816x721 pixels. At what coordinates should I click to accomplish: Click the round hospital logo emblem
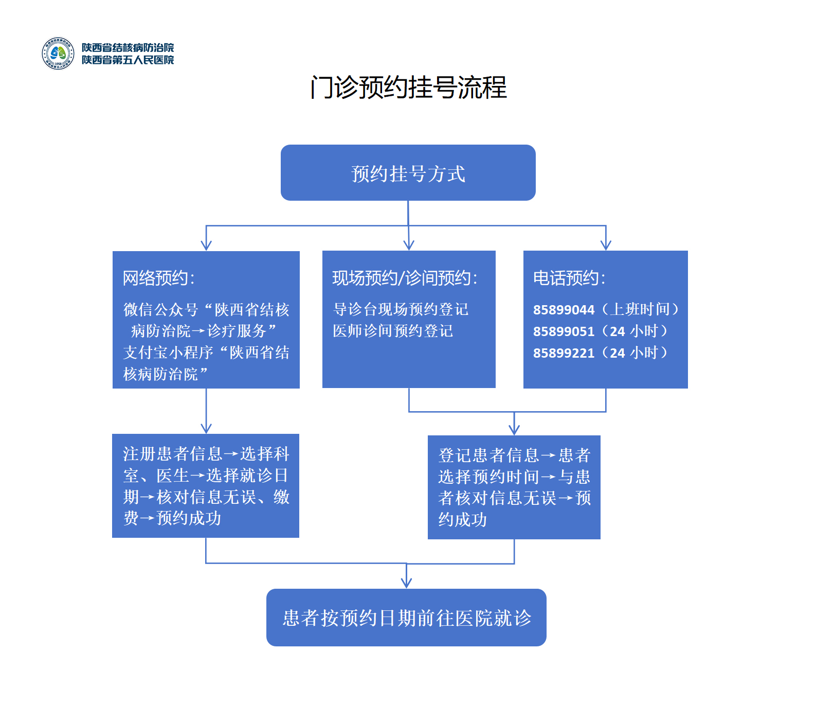click(58, 54)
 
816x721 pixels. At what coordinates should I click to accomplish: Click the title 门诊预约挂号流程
click(408, 87)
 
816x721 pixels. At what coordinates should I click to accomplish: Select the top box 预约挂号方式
click(408, 173)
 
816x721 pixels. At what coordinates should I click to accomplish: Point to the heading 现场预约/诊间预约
click(405, 278)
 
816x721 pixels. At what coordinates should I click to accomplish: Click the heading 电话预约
click(569, 278)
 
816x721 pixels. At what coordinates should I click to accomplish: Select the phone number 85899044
click(564, 310)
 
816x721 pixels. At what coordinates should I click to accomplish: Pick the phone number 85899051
click(564, 331)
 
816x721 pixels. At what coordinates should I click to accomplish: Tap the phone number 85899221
click(564, 353)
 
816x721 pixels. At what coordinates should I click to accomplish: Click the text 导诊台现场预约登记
click(401, 309)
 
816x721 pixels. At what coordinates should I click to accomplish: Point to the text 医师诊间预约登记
click(393, 331)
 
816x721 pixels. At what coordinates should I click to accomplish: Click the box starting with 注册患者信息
click(206, 486)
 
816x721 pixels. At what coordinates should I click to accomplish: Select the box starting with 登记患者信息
click(514, 487)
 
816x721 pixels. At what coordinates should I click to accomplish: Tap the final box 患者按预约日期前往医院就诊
click(406, 618)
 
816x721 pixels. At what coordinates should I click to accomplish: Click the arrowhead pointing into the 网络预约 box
click(206, 245)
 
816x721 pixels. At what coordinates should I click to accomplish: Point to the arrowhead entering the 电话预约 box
click(606, 245)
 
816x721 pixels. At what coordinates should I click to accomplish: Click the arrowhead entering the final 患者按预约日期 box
click(406, 583)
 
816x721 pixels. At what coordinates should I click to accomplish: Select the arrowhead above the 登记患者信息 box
click(514, 430)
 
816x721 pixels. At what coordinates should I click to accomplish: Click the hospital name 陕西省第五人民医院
click(128, 60)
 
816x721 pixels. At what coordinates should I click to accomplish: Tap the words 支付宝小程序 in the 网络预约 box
click(168, 353)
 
